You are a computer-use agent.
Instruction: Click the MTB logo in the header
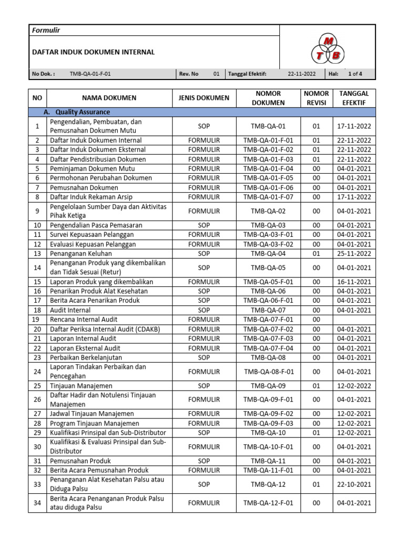tap(328, 48)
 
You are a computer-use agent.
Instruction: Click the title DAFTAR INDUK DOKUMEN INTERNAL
tap(94, 52)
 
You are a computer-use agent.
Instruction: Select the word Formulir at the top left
tap(46, 30)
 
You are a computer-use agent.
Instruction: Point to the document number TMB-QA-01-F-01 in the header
tap(90, 74)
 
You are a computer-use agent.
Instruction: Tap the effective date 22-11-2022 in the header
tap(301, 74)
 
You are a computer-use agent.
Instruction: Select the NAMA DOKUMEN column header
tap(109, 98)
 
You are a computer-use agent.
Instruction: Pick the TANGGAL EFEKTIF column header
tap(354, 98)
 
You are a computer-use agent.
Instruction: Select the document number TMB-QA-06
tap(268, 291)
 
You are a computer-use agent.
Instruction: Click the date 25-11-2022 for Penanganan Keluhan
tap(354, 253)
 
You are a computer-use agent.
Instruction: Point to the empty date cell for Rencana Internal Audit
tap(354, 320)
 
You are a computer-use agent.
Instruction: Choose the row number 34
tap(37, 503)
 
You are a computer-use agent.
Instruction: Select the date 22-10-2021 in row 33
tap(354, 484)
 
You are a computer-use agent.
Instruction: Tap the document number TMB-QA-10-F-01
tap(268, 447)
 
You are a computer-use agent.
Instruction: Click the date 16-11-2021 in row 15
tap(354, 282)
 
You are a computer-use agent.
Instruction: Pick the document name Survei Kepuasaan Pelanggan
tap(92, 234)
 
